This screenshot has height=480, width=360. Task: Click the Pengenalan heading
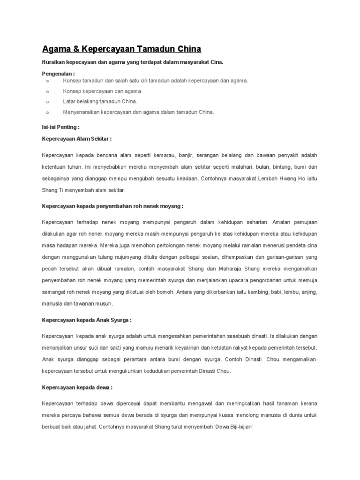tap(59, 74)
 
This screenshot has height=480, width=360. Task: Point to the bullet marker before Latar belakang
tap(47, 101)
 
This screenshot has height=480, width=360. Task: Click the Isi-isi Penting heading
tap(60, 127)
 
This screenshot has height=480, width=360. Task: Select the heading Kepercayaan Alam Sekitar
tap(77, 139)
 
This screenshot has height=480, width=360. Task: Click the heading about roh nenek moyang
tap(112, 206)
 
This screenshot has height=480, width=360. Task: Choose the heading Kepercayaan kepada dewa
tap(77, 388)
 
